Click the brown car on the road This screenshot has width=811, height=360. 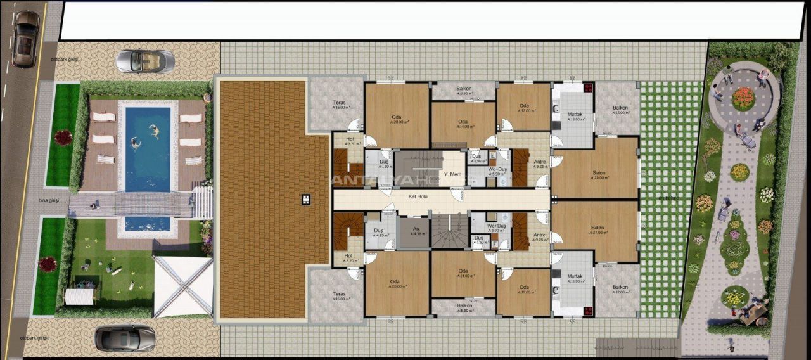[25, 39]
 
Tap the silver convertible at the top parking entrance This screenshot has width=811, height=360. [144, 61]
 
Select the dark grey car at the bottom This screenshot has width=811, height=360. [125, 338]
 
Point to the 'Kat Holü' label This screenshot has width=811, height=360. [418, 197]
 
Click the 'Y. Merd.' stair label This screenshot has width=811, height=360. [452, 174]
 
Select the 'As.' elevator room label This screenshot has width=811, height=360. [416, 229]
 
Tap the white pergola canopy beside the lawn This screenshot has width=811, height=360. [182, 285]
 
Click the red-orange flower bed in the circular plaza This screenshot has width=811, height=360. [743, 98]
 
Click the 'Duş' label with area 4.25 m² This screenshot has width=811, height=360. [378, 231]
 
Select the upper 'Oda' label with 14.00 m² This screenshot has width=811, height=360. [463, 123]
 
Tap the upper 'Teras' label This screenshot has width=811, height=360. [339, 103]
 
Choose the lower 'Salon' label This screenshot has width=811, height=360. [597, 228]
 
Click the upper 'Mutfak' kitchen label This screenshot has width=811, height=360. [574, 115]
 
